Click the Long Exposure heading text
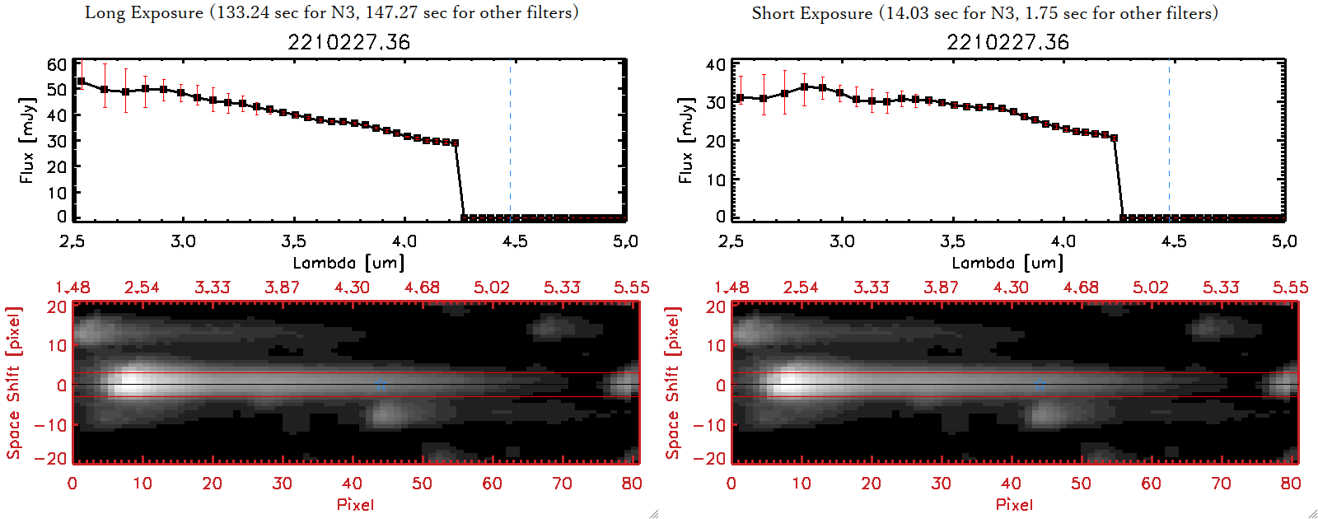[331, 12]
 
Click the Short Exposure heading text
[984, 13]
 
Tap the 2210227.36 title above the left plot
[348, 42]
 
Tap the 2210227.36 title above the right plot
[1007, 42]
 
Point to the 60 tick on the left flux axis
[57, 64]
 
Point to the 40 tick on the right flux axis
[716, 64]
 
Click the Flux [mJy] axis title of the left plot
[27, 140]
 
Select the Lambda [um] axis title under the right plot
[1007, 263]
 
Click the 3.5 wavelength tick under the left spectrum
[293, 241]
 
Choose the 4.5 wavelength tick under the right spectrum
[1174, 241]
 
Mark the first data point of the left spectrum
[81, 82]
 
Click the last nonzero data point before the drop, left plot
[456, 143]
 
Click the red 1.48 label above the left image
[72, 288]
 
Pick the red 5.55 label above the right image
[1290, 288]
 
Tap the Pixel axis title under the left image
[355, 504]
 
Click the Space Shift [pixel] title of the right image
[673, 383]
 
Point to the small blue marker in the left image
[381, 386]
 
